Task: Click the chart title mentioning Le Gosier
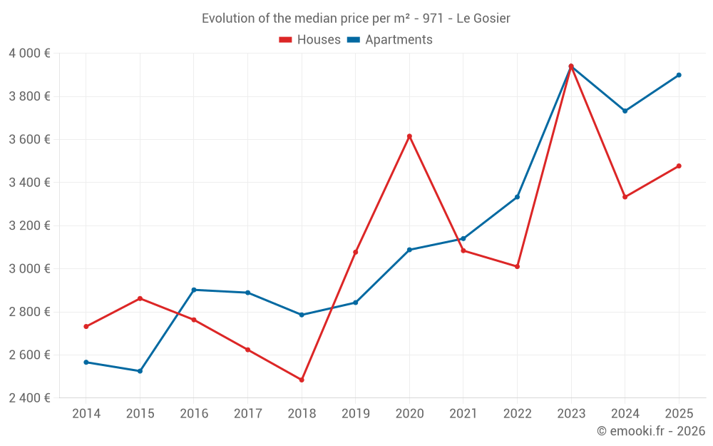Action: pyautogui.click(x=356, y=19)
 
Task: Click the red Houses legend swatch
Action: pyautogui.click(x=285, y=40)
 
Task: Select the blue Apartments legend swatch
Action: pyautogui.click(x=353, y=40)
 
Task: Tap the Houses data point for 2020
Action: pyautogui.click(x=409, y=136)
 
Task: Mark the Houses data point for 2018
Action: pyautogui.click(x=302, y=380)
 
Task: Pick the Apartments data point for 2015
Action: pyautogui.click(x=140, y=371)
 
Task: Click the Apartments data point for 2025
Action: pyautogui.click(x=679, y=75)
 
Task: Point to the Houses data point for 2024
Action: pyautogui.click(x=625, y=197)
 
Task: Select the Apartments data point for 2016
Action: pyautogui.click(x=194, y=290)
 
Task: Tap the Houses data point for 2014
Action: pyautogui.click(x=86, y=327)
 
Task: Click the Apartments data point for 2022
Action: pyautogui.click(x=517, y=197)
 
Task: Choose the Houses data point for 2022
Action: pyautogui.click(x=517, y=266)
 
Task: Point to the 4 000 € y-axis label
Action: pyautogui.click(x=29, y=54)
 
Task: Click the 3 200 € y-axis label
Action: pyautogui.click(x=29, y=226)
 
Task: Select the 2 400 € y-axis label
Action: pyautogui.click(x=29, y=398)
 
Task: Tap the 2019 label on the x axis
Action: pyautogui.click(x=355, y=414)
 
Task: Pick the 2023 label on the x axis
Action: pyautogui.click(x=571, y=414)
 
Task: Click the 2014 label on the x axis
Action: pyautogui.click(x=86, y=414)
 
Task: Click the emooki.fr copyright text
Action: pyautogui.click(x=650, y=431)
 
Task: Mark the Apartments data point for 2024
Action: pyautogui.click(x=625, y=111)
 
